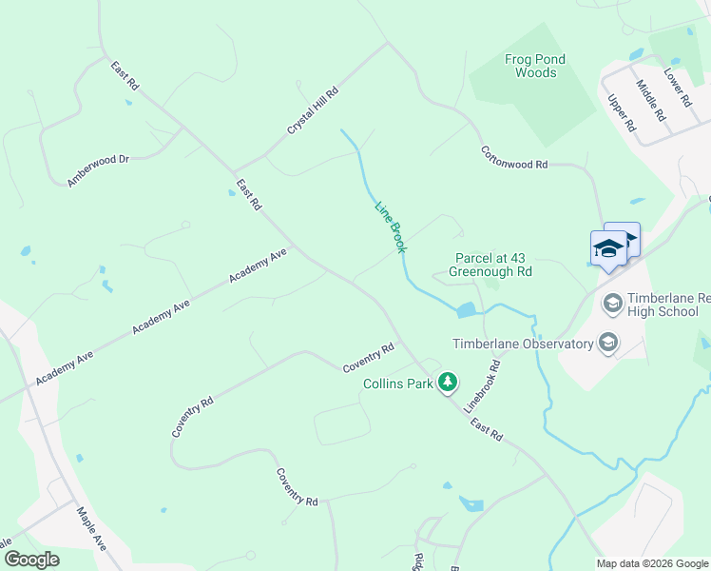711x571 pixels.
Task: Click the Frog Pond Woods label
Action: [x=535, y=66]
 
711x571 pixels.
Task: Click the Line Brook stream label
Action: [x=391, y=226]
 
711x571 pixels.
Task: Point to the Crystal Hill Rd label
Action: [x=314, y=112]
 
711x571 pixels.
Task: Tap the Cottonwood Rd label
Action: [x=514, y=157]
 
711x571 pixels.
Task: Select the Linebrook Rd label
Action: [x=482, y=385]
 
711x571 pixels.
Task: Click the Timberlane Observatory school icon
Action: [x=608, y=343]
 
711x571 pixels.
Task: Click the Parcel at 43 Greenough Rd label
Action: [x=490, y=265]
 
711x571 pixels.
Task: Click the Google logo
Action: [x=30, y=560]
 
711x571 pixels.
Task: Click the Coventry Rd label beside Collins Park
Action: [x=368, y=358]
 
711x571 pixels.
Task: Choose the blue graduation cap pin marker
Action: [x=608, y=250]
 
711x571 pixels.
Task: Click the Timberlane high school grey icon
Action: [x=612, y=304]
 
